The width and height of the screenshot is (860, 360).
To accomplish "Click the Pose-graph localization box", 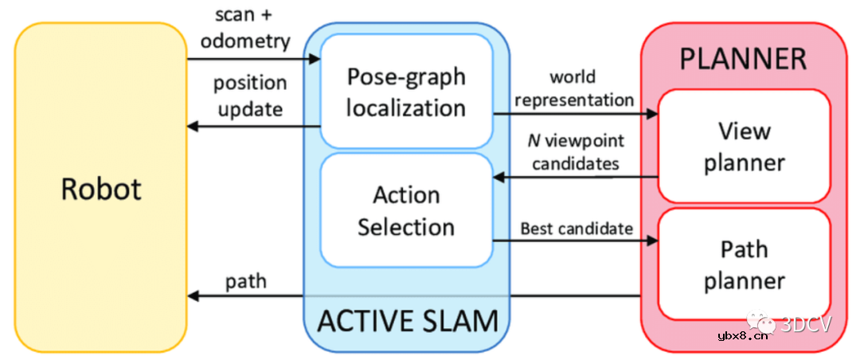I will tap(405, 91).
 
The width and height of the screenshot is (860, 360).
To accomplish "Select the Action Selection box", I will tap(405, 210).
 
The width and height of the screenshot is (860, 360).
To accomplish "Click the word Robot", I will tap(101, 189).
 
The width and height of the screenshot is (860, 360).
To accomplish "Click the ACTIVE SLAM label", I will tap(407, 320).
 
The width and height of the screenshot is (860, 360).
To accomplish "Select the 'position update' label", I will tap(249, 96).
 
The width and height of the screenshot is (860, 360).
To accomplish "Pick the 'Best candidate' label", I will tap(577, 229).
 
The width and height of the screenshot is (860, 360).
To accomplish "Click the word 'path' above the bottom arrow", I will tap(245, 280).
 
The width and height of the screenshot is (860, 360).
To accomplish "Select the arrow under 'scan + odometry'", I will tap(253, 59).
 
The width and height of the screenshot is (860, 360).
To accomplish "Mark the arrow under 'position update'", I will tap(253, 126).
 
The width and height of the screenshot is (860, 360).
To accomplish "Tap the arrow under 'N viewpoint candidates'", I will tap(575, 177).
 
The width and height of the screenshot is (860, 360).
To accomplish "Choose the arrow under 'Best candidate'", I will tap(575, 241).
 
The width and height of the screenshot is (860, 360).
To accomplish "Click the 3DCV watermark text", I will tap(805, 324).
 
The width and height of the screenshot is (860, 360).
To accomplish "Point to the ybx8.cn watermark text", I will tap(744, 335).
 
